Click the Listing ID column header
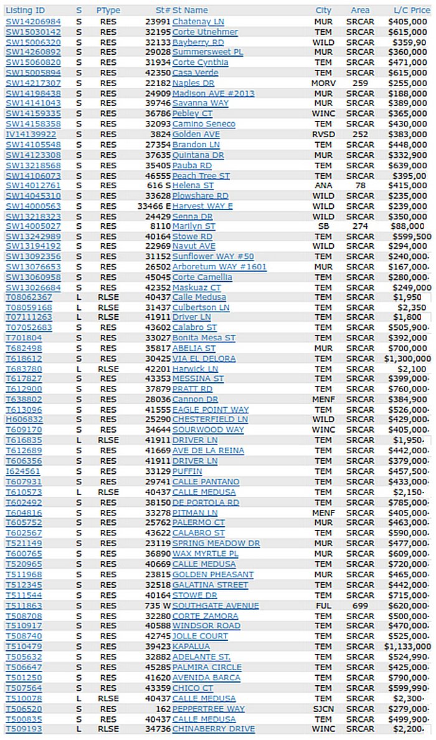(x=25, y=11)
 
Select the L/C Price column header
(x=412, y=11)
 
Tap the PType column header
(x=108, y=11)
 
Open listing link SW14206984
(x=33, y=21)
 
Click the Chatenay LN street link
(x=198, y=21)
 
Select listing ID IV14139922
(x=31, y=134)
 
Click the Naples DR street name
(x=193, y=83)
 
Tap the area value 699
(x=360, y=605)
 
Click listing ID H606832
(x=24, y=420)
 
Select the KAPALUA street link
(x=191, y=646)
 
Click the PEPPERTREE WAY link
(x=209, y=708)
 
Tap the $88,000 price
(x=412, y=226)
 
